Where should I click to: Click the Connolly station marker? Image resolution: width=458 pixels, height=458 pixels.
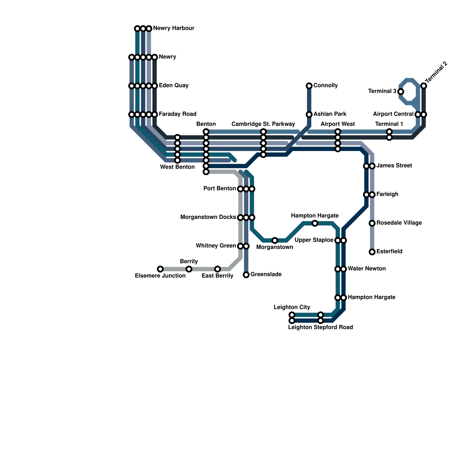pos(309,86)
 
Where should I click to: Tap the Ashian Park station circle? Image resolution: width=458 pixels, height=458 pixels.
pos(309,114)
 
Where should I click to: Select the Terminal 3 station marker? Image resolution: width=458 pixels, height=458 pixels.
pos(401,92)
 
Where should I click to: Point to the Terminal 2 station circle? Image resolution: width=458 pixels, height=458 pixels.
pos(424,86)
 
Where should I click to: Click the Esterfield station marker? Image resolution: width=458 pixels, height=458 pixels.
pos(372,252)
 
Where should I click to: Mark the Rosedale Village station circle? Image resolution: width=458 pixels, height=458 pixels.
pos(372,223)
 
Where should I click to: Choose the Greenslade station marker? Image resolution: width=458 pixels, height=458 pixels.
pos(246,275)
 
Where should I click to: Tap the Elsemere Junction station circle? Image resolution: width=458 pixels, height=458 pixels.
pos(160,269)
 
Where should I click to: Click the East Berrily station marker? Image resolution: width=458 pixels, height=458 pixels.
pos(218,269)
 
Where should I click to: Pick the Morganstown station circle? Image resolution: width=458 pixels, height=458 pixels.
pos(275,240)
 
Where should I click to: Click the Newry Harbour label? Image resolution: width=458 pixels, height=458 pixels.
pos(173,28)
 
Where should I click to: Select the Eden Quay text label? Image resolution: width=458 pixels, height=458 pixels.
pos(173,85)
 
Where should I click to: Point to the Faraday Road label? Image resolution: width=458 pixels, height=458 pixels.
pos(177,114)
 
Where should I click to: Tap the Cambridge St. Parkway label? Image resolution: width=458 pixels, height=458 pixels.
pos(263,124)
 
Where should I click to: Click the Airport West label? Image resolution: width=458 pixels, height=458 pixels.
pos(337,124)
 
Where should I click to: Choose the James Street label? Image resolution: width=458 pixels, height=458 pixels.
pos(394,165)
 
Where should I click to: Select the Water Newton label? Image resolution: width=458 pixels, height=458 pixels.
pos(366,269)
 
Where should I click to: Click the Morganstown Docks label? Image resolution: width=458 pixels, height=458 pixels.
pos(208,217)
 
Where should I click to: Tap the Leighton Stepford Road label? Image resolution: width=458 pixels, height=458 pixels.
pos(320,327)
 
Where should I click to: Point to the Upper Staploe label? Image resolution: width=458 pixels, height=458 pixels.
pos(314,240)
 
